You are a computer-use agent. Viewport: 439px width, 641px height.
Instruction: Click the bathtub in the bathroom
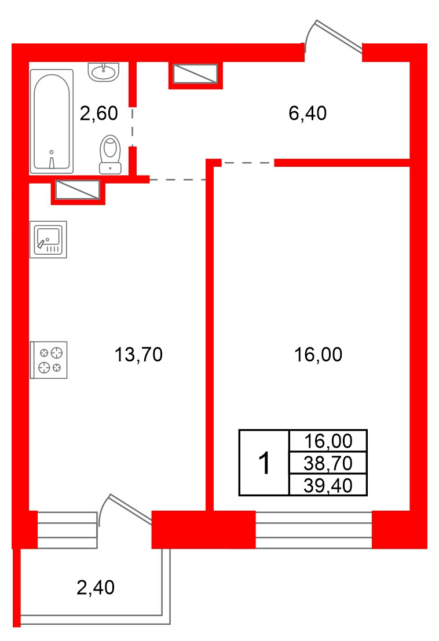52,122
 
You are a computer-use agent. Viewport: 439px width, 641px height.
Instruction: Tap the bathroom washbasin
104,72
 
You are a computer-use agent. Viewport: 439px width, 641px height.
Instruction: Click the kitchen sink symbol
48,240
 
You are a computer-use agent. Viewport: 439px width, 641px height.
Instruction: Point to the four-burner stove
48,360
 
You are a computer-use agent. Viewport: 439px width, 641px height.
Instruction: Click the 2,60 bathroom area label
99,113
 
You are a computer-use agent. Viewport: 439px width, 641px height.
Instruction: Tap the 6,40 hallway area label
308,113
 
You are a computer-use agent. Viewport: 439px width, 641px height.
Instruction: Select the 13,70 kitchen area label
138,354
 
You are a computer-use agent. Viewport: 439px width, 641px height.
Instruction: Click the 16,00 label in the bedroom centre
319,354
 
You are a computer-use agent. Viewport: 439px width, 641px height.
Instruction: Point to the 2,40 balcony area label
96,588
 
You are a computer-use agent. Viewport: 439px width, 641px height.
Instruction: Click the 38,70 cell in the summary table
328,463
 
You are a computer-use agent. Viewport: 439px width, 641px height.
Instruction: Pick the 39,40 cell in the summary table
328,485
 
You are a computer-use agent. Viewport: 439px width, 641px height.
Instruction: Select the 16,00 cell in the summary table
328,441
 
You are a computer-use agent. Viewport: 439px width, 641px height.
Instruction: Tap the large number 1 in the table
265,463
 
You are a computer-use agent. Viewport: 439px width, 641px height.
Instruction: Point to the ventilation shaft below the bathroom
78,191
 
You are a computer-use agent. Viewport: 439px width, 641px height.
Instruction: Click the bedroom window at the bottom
313,530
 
